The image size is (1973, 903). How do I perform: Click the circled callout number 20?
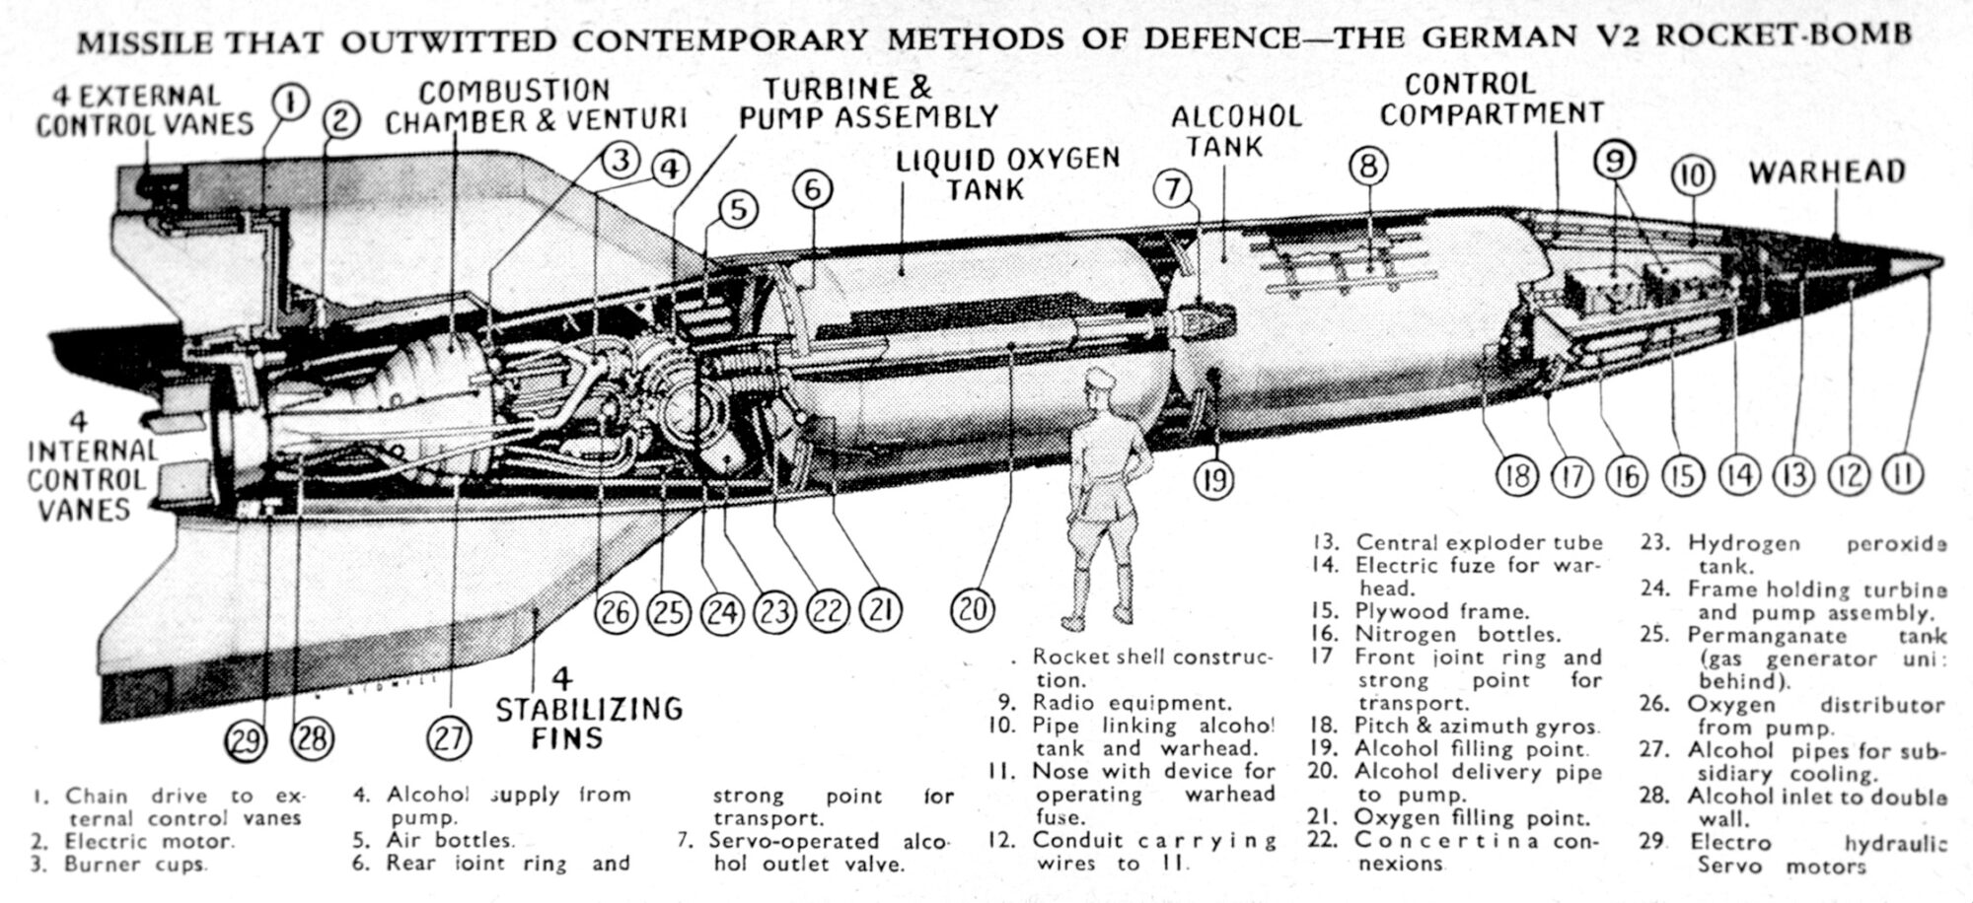[973, 610]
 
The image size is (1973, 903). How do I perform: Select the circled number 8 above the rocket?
[1367, 166]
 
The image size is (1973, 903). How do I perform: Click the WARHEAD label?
[1826, 173]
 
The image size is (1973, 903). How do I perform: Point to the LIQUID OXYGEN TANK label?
[1007, 173]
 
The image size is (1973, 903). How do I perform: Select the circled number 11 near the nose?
[1905, 474]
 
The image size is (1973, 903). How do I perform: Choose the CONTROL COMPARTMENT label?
[1491, 99]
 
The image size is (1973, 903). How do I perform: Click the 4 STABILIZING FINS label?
[588, 709]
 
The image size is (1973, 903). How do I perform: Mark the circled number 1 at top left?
[290, 102]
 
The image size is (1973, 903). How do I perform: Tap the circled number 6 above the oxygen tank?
[812, 189]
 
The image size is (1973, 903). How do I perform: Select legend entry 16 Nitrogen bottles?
[1450, 634]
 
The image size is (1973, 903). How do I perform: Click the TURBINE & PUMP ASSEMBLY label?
[868, 102]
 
